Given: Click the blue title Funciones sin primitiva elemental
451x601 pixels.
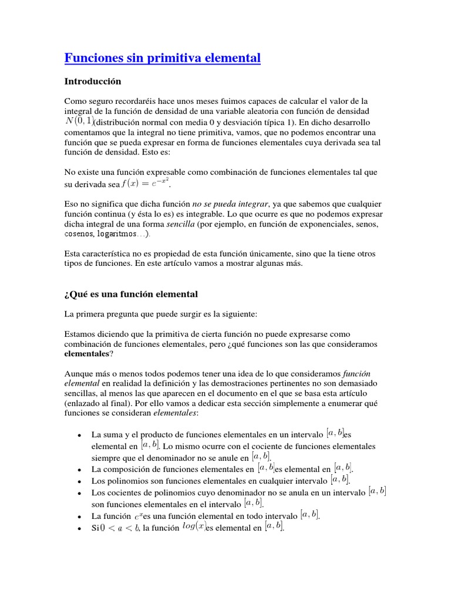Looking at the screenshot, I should tap(161, 58).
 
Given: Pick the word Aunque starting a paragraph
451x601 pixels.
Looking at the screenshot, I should tap(78, 374).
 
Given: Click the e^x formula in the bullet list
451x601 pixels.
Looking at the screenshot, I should tap(138, 516).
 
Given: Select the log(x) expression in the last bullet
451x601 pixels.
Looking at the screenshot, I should tap(193, 527).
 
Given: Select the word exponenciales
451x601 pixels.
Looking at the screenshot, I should tap(304, 224).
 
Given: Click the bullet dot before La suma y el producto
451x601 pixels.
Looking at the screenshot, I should tap(79, 435).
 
